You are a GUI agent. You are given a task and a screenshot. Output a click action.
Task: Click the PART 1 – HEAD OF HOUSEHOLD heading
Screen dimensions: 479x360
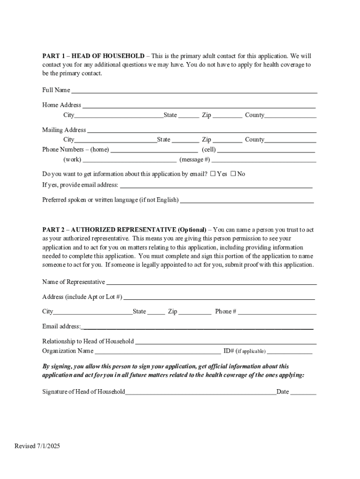tap(93, 56)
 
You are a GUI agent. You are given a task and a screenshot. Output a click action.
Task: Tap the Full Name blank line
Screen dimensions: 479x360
tap(194, 90)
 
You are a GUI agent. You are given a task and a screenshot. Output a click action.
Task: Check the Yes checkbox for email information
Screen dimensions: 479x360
tap(213, 174)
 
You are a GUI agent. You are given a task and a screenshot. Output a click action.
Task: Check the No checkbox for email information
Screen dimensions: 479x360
tap(233, 174)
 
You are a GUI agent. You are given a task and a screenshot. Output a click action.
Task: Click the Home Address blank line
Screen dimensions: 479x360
tap(199, 105)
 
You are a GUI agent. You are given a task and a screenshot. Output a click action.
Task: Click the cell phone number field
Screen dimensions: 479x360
tap(266, 150)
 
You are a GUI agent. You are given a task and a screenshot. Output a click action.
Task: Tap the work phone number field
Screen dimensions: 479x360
tap(130, 160)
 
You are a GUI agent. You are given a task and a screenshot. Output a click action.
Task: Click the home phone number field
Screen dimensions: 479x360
tap(154, 150)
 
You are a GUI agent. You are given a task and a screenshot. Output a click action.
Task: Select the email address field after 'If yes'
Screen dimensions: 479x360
tap(216, 185)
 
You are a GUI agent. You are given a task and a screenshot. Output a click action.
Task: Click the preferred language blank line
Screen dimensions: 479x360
tap(247, 200)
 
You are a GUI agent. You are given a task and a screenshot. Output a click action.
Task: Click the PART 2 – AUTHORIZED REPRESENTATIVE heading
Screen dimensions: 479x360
tap(124, 230)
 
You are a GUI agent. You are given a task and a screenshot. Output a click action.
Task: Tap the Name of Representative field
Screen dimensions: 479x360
tap(211, 282)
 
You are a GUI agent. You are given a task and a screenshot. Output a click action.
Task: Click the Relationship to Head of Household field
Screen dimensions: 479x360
tap(226, 341)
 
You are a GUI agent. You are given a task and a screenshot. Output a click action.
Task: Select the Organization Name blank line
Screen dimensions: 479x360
tap(158, 351)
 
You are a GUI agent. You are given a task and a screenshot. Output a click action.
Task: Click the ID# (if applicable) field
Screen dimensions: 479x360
tap(289, 351)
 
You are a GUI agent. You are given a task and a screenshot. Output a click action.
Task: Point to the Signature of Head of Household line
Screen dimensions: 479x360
tap(201, 392)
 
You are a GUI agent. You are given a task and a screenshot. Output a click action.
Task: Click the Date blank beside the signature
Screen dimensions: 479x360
tap(303, 392)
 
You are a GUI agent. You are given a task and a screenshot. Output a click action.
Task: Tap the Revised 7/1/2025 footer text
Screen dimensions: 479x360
tap(37, 446)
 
